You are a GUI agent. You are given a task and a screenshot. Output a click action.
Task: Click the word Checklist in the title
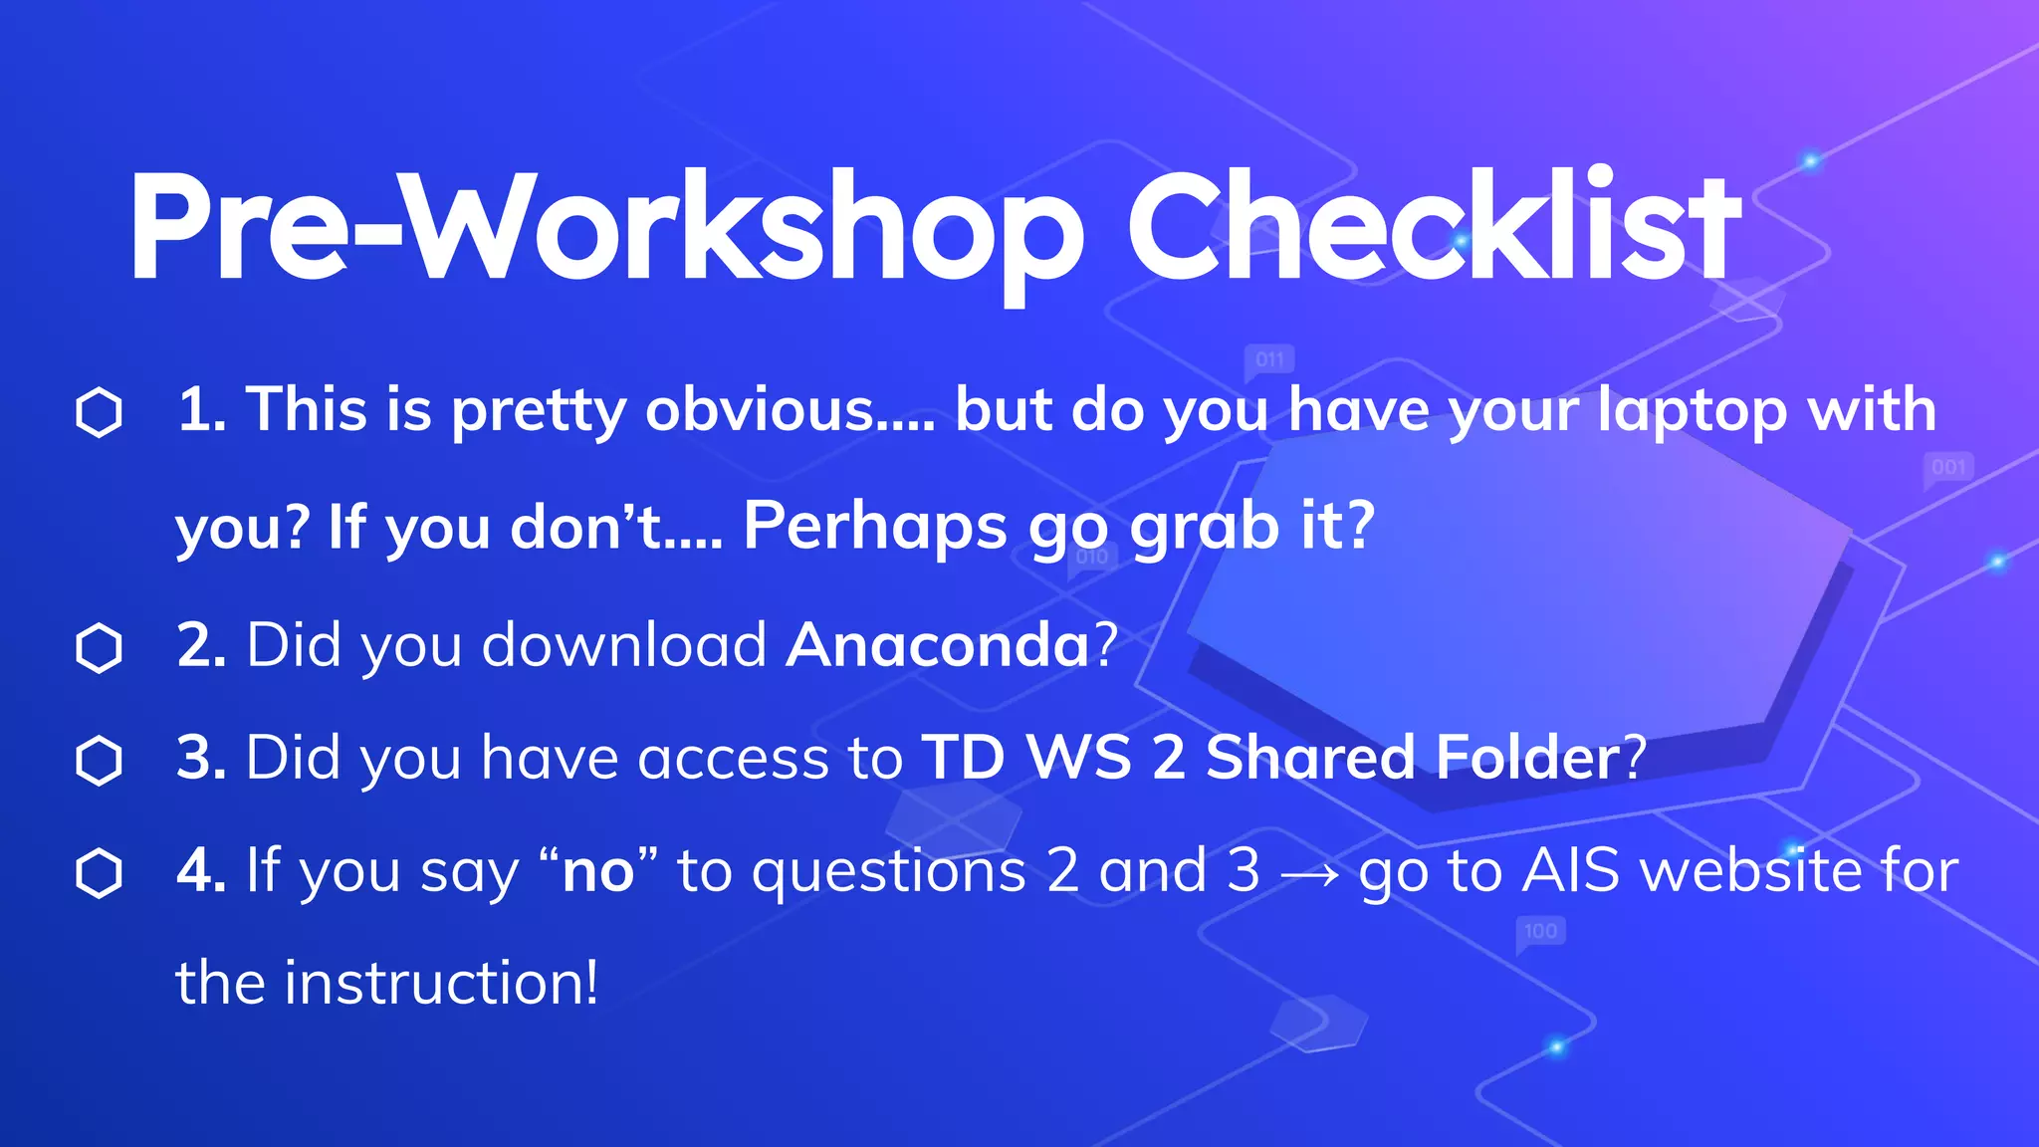1434,227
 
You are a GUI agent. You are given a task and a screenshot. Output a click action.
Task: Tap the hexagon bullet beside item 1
99,412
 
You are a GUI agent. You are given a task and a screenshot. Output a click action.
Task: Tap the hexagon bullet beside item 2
99,648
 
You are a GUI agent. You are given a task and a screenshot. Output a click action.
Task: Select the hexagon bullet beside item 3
99,761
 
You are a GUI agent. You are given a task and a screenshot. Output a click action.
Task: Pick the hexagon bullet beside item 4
99,873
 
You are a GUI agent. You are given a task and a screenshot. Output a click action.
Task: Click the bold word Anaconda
938,645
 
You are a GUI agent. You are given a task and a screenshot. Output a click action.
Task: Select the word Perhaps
874,526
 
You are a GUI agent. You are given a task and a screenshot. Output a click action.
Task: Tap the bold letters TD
963,758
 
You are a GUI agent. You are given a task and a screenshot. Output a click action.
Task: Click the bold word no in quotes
597,872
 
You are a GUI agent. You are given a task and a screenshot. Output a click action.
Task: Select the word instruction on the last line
440,983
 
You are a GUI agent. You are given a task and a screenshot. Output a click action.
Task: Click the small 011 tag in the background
1269,359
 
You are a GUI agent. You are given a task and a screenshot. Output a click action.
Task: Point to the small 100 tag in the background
1540,931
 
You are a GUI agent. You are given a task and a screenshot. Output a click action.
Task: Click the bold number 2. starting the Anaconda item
201,645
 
